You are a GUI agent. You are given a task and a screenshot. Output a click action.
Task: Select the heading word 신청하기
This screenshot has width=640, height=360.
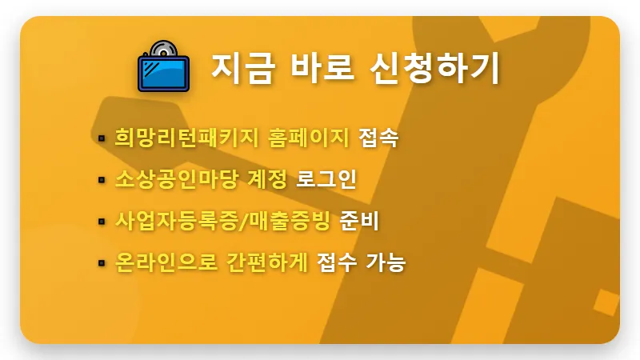pos(436,68)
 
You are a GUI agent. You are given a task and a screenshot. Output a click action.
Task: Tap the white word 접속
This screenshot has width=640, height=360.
pos(378,138)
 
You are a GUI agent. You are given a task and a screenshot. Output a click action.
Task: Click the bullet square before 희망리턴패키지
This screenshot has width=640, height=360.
pos(102,138)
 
